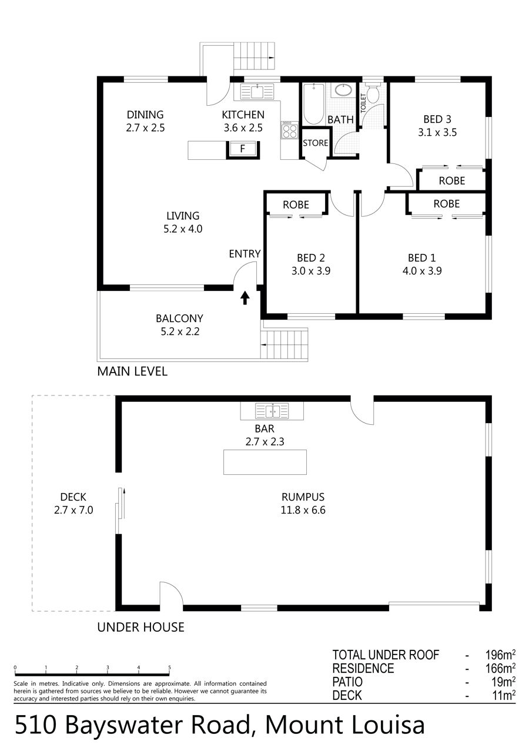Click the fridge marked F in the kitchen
(x=243, y=149)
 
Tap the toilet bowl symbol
(x=372, y=93)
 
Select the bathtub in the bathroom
(x=313, y=104)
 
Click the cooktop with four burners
(x=289, y=130)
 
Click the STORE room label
(x=315, y=143)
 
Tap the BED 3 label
(x=437, y=119)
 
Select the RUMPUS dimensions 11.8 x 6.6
(x=303, y=510)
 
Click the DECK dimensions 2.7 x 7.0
(x=73, y=510)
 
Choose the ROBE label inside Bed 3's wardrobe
(x=452, y=180)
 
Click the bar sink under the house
(x=272, y=411)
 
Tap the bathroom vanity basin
(x=343, y=90)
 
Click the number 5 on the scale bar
(x=169, y=668)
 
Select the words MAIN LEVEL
(x=132, y=371)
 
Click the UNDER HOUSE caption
(x=140, y=627)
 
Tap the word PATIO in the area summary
(x=347, y=682)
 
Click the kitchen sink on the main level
(x=257, y=92)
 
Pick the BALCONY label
(x=179, y=318)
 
